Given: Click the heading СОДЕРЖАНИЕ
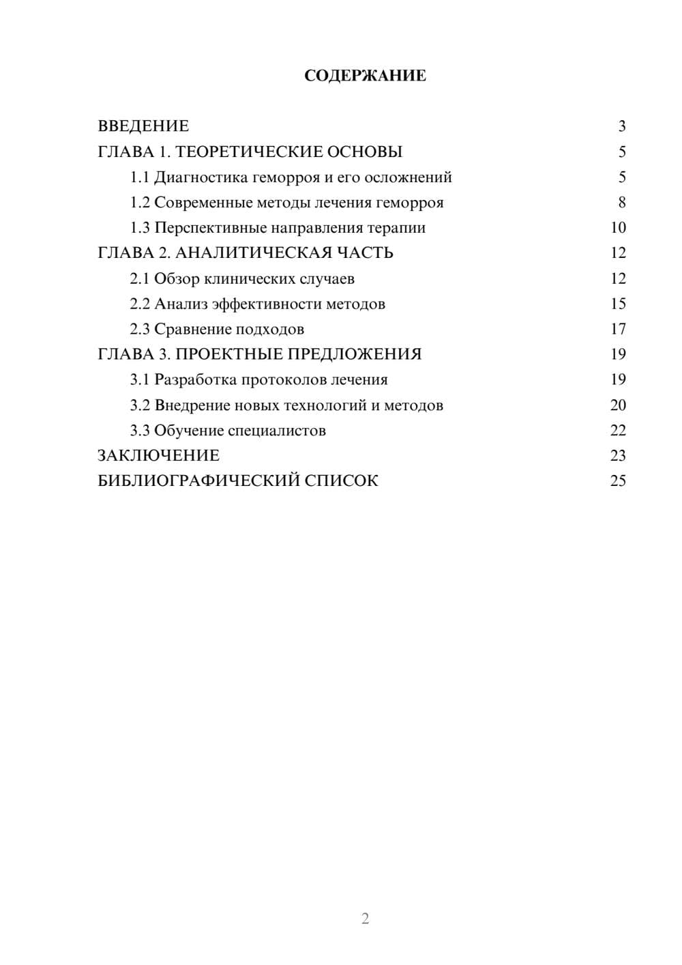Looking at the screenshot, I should tap(365, 76).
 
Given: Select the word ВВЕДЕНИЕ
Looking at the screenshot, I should tap(143, 126).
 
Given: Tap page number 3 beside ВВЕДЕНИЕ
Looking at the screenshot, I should tap(621, 126).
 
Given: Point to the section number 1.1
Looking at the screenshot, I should tap(140, 177).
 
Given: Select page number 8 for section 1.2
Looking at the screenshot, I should tap(621, 203).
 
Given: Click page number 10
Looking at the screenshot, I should tap(618, 228).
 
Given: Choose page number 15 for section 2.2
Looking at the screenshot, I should tap(618, 304).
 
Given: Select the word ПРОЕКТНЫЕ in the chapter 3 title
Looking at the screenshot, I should tap(229, 354).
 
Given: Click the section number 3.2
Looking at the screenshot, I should tap(140, 405).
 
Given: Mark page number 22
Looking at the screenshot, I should tap(618, 431).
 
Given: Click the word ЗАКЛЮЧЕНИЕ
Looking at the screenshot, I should tap(158, 456).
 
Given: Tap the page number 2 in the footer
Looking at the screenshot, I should tap(365, 919).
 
